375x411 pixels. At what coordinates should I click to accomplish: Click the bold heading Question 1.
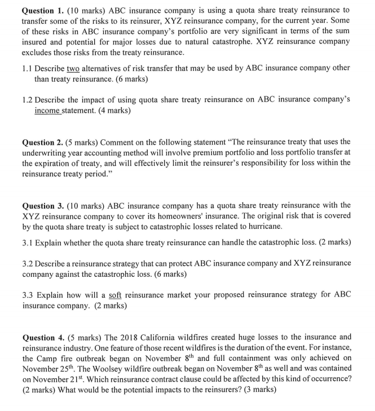[x=45, y=10]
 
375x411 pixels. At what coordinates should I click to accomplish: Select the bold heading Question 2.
[x=45, y=141]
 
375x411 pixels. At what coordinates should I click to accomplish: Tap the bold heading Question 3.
[x=45, y=205]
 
